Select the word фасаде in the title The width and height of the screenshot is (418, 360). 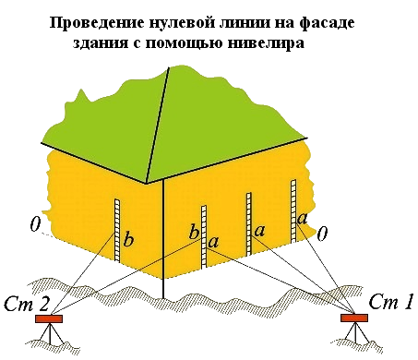327,23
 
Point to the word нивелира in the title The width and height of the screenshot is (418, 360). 267,42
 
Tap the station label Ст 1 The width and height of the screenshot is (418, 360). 390,302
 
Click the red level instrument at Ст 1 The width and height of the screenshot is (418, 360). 354,318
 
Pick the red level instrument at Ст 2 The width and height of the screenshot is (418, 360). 49,318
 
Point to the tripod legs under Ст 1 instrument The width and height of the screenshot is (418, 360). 355,333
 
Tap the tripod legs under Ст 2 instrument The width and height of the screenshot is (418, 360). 50,333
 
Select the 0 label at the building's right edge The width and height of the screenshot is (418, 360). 322,234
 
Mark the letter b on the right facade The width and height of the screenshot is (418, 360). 194,232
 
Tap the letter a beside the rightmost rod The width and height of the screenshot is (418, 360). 302,219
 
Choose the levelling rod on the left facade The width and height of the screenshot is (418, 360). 117,230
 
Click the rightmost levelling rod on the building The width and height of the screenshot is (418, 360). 293,210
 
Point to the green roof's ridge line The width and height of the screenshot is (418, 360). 158,126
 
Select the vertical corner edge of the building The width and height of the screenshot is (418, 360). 163,239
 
